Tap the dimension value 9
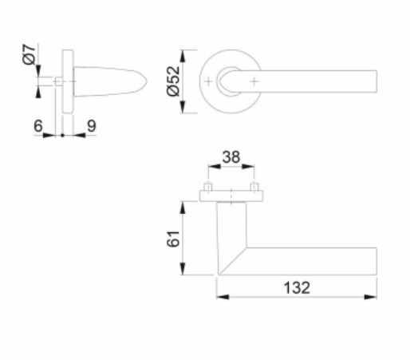click(91, 125)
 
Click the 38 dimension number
click(231, 158)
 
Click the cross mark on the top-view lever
click(255, 82)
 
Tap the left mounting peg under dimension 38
click(207, 189)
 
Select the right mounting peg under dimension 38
click(255, 189)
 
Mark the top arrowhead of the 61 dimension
click(187, 205)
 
